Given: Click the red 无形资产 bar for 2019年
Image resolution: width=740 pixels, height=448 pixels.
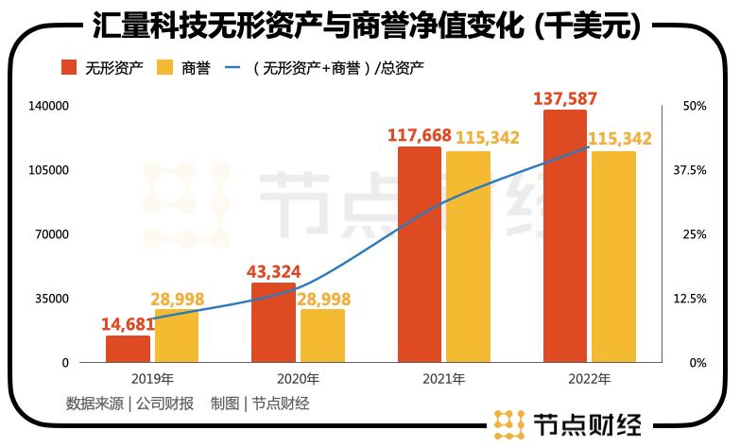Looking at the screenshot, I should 128,349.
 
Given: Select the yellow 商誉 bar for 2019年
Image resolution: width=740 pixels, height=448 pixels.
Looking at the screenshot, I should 177,336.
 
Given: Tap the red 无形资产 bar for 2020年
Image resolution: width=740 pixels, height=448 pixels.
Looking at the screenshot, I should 273,322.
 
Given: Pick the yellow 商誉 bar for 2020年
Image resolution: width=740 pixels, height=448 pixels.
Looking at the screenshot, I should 322,336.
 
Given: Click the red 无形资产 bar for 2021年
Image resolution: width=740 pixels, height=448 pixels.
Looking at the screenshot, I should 419,254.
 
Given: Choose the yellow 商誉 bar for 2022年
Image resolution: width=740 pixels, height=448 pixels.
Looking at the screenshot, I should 613,256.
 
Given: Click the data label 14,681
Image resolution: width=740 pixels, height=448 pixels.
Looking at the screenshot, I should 128,323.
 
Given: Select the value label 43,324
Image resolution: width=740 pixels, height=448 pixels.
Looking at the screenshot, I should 273,270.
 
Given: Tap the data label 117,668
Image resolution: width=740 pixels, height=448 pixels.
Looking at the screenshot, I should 419,135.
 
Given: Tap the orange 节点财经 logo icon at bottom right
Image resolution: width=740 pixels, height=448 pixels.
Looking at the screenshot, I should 510,424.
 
